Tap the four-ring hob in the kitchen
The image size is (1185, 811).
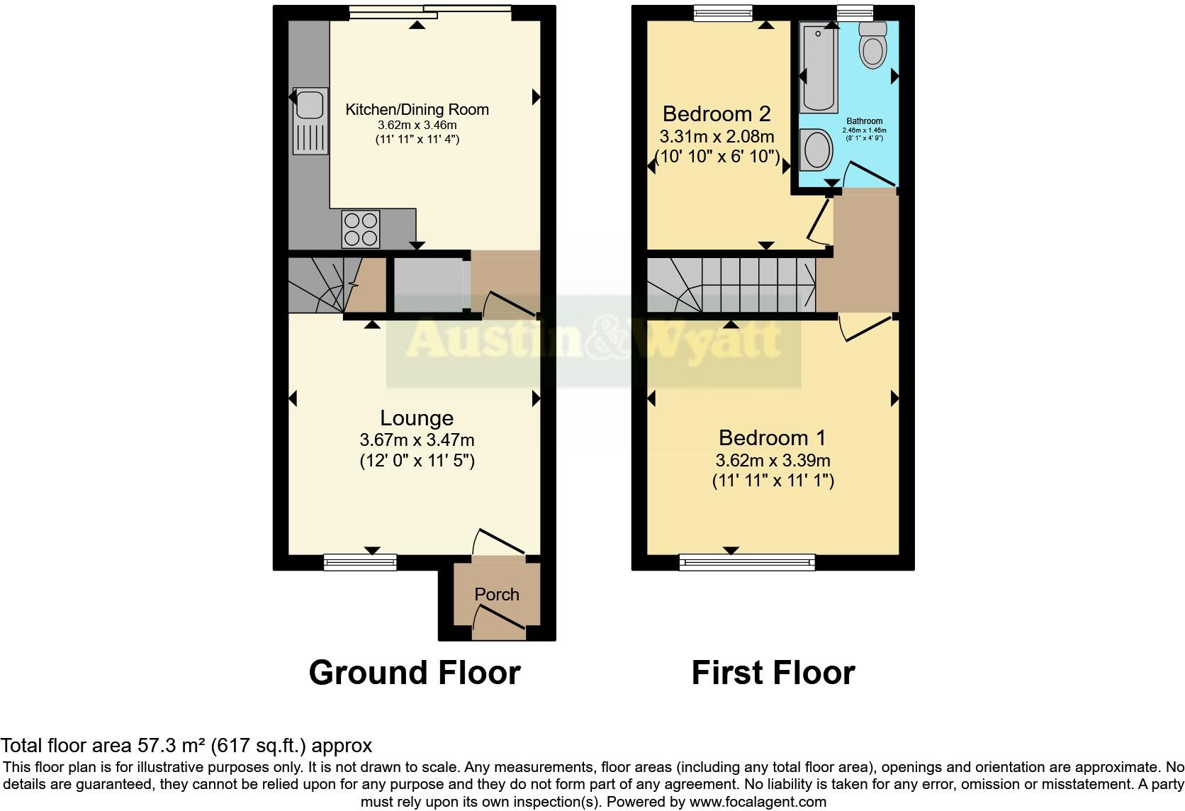tap(360, 229)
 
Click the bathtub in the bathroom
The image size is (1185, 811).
tap(818, 67)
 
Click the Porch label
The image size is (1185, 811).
tap(496, 594)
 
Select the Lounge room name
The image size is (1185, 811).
tap(417, 418)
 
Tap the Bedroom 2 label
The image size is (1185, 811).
tap(716, 113)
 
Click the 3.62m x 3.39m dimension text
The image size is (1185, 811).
tap(773, 460)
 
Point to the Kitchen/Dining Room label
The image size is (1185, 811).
tap(417, 109)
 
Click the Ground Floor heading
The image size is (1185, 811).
tap(415, 672)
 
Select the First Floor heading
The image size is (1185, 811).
tap(773, 672)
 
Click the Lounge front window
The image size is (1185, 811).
tap(360, 562)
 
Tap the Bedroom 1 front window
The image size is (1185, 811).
tap(747, 562)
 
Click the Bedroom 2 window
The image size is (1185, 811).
tap(722, 13)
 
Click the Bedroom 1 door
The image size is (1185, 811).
tap(866, 328)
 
